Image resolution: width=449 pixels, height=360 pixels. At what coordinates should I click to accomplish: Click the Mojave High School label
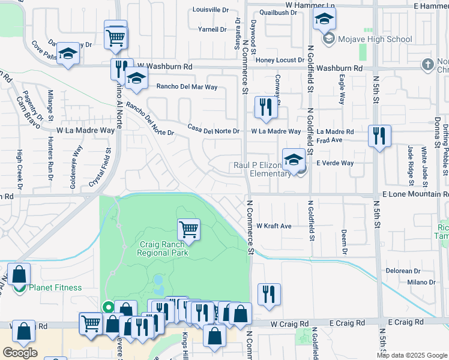[374, 40]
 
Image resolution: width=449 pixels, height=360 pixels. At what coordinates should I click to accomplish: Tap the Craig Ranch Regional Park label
[163, 248]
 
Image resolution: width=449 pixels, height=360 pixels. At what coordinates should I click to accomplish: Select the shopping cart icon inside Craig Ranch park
[188, 229]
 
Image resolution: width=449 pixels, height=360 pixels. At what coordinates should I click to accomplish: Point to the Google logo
[20, 353]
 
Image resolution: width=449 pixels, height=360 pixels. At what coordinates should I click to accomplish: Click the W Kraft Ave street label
[274, 226]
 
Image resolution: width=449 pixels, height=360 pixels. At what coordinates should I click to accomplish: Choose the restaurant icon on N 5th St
[379, 136]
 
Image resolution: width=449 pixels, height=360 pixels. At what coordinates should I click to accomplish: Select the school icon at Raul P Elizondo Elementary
[294, 160]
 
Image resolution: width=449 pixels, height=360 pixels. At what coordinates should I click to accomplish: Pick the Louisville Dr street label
[211, 10]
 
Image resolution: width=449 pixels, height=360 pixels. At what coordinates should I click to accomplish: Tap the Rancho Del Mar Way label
[187, 86]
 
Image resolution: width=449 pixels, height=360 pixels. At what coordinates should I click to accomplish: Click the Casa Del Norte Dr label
[213, 131]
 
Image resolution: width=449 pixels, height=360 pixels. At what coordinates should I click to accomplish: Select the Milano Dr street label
[421, 282]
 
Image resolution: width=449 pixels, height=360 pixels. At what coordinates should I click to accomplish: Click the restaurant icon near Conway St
[264, 107]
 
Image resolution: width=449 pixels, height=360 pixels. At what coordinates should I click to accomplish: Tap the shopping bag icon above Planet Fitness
[19, 274]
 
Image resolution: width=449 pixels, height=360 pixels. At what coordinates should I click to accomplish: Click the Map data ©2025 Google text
[412, 355]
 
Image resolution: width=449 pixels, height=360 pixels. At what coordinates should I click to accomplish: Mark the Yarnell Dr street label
[212, 29]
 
